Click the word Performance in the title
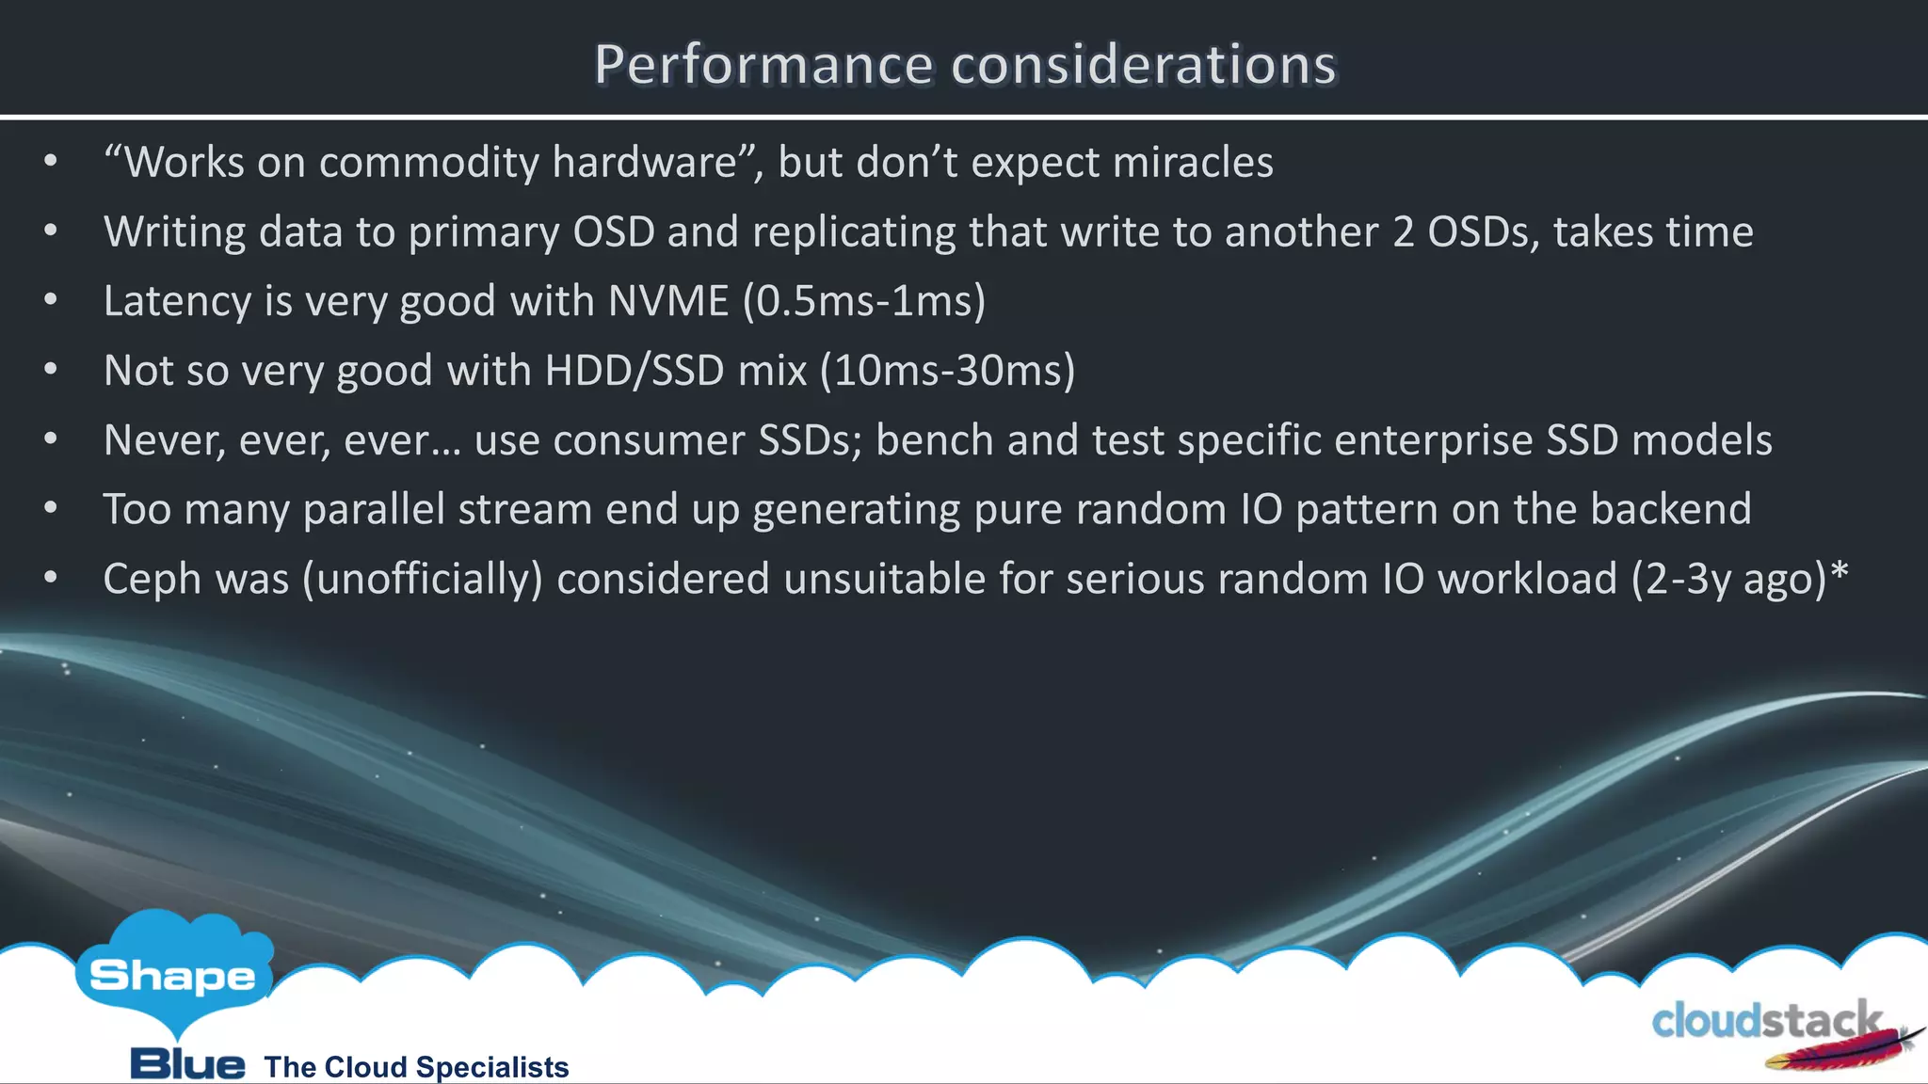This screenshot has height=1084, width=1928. pyautogui.click(x=763, y=66)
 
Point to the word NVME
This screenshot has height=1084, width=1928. pyautogui.click(x=668, y=301)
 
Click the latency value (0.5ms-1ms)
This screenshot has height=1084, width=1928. pyautogui.click(x=864, y=301)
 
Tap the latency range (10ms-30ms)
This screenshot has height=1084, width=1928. pyautogui.click(x=947, y=371)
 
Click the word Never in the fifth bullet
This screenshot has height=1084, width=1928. pyautogui.click(x=164, y=440)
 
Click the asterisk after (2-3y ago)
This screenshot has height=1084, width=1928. pyautogui.click(x=1839, y=572)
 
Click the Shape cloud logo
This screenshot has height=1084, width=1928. pyautogui.click(x=173, y=974)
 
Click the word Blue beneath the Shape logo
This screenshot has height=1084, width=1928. pyautogui.click(x=187, y=1065)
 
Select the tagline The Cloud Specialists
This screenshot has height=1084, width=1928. pyautogui.click(x=416, y=1067)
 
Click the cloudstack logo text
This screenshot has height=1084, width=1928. pyautogui.click(x=1766, y=1022)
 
